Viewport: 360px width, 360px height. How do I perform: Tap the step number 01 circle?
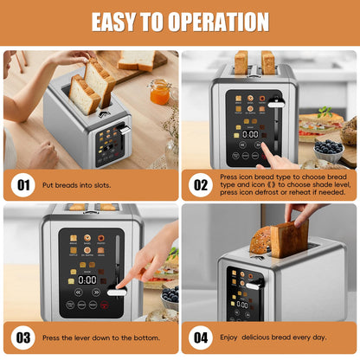click(22, 184)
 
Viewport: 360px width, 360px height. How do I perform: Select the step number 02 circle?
click(200, 184)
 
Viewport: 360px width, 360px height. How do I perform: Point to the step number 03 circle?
click(22, 337)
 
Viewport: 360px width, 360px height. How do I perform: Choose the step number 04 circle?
click(200, 337)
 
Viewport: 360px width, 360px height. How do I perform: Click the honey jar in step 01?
click(158, 92)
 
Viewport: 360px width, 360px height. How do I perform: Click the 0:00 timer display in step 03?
click(87, 280)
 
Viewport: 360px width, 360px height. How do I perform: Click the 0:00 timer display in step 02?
click(250, 134)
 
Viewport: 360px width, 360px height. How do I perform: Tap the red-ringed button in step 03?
click(105, 305)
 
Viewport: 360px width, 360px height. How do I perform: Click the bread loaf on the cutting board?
click(138, 61)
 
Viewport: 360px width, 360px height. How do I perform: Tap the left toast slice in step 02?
click(241, 62)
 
